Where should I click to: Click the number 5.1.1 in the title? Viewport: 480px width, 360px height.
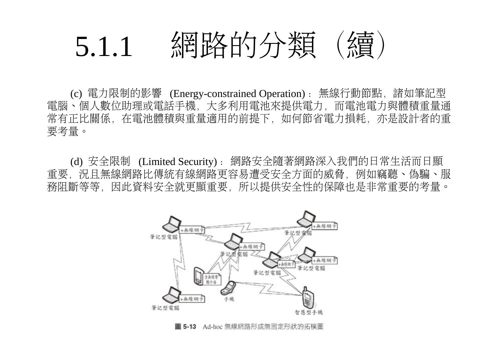tap(104, 46)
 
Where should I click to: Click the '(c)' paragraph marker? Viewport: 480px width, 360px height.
tap(76, 94)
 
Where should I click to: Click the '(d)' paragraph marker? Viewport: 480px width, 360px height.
tap(76, 162)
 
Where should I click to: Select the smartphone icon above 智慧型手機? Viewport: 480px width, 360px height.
tap(307, 297)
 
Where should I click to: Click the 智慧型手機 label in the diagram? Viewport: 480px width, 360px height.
tap(309, 312)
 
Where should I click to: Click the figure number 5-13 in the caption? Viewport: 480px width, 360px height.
tap(190, 326)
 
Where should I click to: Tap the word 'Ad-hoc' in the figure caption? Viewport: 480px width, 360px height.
tap(212, 326)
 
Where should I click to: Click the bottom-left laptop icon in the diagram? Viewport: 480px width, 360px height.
tap(170, 294)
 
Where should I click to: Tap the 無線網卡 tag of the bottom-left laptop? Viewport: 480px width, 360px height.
tap(192, 299)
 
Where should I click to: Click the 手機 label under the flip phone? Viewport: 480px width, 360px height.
tap(229, 299)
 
